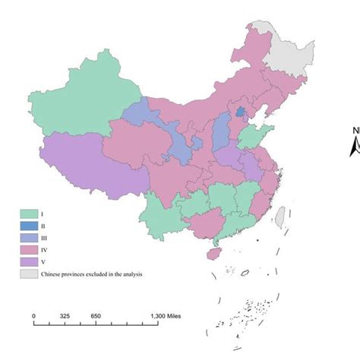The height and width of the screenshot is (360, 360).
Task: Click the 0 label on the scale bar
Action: coord(33,315)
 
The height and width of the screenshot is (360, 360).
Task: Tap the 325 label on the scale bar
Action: coord(65,315)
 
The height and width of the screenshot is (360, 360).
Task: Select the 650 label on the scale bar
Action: coord(96,315)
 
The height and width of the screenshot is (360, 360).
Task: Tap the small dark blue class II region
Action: coord(241,112)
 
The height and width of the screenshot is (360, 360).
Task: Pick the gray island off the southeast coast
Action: coord(278,217)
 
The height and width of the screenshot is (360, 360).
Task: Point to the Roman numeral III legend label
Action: coord(46,238)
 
